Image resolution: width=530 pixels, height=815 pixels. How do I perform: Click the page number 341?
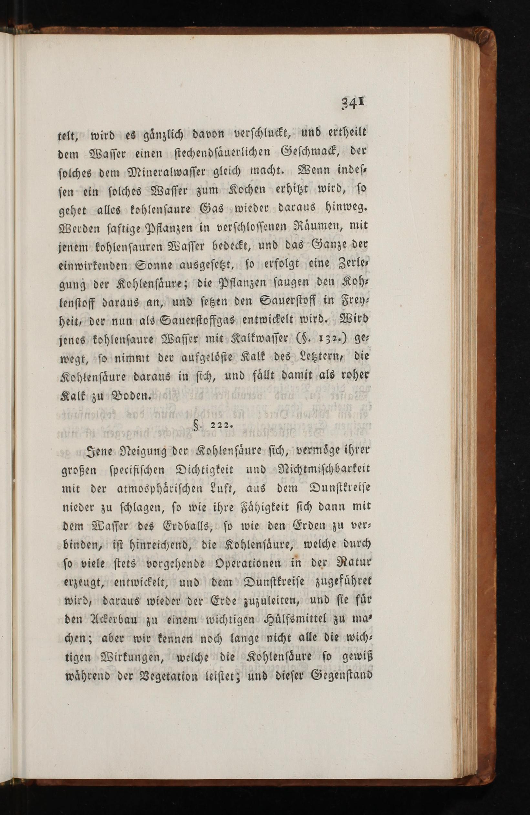click(x=351, y=103)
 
